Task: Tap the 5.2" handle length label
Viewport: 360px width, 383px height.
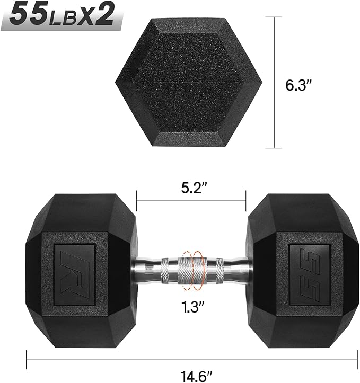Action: pos(191,188)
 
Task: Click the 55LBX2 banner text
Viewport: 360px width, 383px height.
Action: pos(63,16)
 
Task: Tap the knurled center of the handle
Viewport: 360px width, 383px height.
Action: pos(191,264)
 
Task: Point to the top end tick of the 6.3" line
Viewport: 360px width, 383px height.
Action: pos(274,17)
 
